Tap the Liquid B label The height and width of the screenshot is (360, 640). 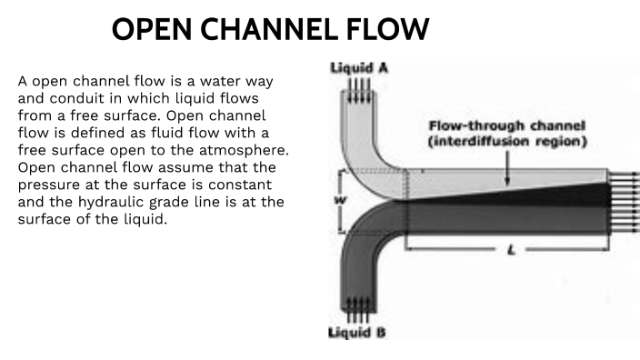pyautogui.click(x=355, y=333)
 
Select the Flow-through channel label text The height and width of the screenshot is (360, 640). pyautogui.click(x=507, y=125)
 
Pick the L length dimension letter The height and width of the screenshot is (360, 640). pyautogui.click(x=509, y=248)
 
